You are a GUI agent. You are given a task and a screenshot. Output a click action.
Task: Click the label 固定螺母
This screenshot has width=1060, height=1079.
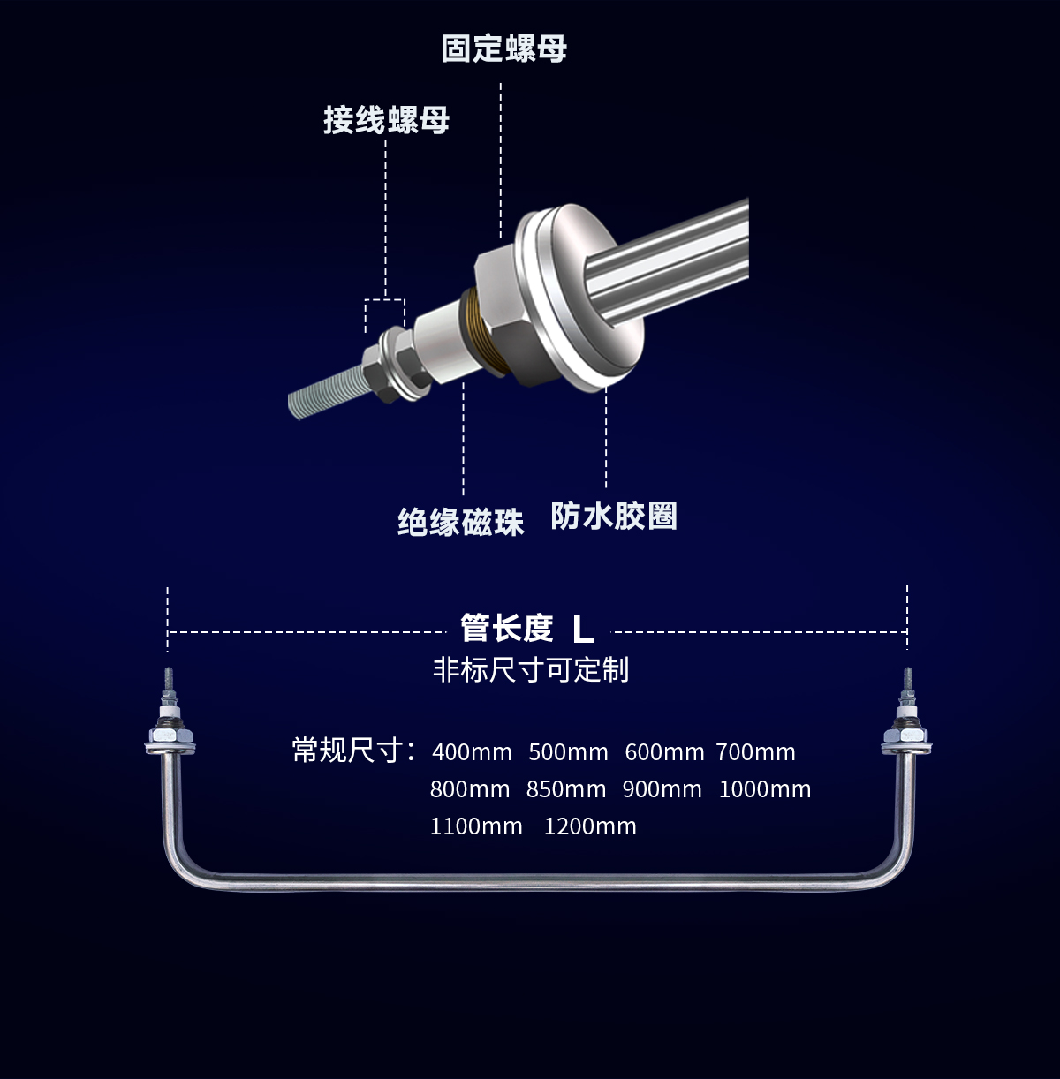click(503, 49)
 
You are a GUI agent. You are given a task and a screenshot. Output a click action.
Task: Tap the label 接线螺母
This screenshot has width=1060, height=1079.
click(387, 120)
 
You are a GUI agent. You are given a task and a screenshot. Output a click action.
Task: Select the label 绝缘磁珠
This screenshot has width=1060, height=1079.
click(460, 523)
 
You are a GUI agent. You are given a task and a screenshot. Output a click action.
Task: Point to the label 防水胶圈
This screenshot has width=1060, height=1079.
click(614, 516)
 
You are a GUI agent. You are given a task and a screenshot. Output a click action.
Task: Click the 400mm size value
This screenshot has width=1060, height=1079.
click(472, 752)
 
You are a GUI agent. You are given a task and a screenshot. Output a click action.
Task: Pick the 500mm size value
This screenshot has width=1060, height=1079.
click(568, 752)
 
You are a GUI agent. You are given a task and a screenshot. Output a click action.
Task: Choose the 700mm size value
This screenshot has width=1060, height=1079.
click(756, 752)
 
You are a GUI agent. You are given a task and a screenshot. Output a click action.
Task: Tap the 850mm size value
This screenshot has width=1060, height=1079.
click(566, 789)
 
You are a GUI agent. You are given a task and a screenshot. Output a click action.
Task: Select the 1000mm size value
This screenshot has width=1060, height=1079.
click(765, 789)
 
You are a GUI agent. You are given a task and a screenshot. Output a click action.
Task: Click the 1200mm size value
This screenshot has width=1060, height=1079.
click(590, 826)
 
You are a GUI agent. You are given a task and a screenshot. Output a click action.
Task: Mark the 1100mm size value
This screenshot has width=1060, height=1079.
click(476, 826)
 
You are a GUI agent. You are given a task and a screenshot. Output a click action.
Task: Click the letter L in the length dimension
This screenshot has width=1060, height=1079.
click(583, 630)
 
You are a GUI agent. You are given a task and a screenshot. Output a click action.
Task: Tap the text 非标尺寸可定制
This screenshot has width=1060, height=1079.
click(531, 669)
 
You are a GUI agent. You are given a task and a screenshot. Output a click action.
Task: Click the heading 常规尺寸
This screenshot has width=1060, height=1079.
click(347, 751)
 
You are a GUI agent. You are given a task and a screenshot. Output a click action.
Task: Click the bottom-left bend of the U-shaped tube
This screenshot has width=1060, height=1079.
click(178, 865)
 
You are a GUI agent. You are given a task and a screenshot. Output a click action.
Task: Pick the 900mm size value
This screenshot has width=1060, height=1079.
click(662, 789)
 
